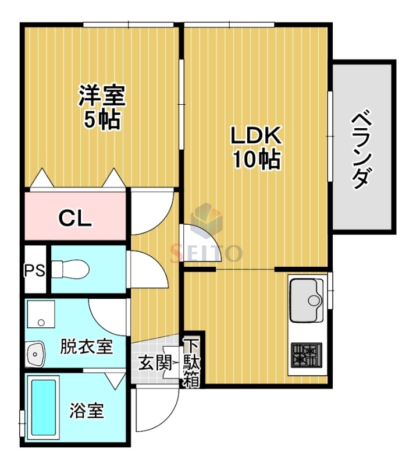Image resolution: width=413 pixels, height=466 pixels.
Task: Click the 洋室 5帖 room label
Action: (102, 107)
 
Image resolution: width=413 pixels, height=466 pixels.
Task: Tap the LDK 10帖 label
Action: (257, 147)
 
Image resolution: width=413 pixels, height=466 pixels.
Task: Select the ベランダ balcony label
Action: (362, 148)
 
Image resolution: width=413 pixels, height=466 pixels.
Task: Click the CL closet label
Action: (76, 218)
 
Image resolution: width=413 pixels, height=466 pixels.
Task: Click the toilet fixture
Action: (70, 269)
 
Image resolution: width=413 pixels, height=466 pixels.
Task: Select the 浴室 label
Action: (87, 411)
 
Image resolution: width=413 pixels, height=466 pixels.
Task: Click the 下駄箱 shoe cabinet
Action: (191, 362)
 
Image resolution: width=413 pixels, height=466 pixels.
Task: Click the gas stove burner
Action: (306, 354)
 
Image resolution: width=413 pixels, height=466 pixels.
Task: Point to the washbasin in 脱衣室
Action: (35, 354)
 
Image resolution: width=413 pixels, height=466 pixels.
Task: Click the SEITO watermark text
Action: (206, 252)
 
